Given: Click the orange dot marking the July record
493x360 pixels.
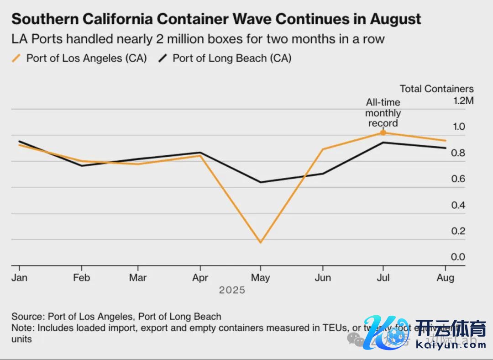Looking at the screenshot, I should click(383, 132).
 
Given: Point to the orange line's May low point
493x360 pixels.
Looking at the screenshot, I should click(261, 242).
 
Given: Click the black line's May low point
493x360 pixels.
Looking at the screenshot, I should click(261, 182).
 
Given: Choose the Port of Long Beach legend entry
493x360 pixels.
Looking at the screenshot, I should click(226, 58).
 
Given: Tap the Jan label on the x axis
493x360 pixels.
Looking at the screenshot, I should click(19, 278).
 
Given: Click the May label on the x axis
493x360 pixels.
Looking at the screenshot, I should click(261, 278).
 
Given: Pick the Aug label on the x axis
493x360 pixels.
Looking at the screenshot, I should click(446, 278).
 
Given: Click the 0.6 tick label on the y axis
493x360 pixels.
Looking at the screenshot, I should click(458, 179).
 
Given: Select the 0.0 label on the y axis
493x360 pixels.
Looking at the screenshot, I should click(458, 257).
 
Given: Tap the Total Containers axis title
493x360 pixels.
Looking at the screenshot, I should click(436, 89).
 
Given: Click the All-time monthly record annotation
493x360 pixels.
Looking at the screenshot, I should click(383, 113).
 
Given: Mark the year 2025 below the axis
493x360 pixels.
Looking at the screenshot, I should click(232, 290).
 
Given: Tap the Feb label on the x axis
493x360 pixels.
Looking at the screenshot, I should click(82, 278).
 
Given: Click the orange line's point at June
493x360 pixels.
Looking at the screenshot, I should click(323, 149).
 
